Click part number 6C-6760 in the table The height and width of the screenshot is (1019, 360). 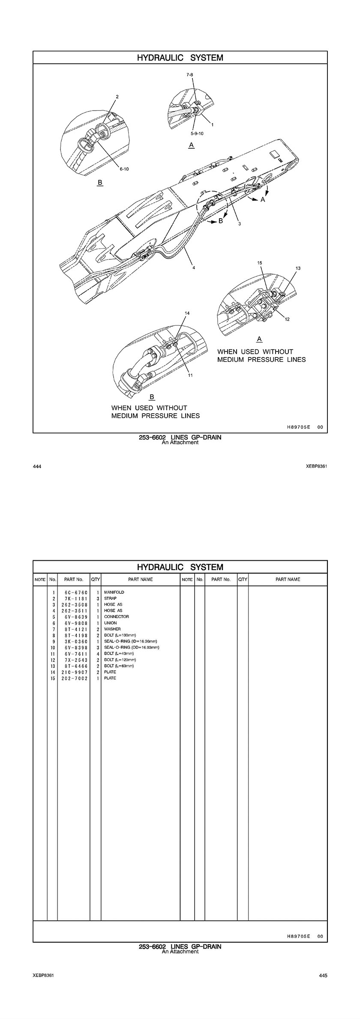point(73,592)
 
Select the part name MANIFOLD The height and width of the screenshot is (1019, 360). point(114,592)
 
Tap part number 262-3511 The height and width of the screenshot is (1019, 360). point(73,610)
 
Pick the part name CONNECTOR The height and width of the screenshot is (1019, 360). point(116,617)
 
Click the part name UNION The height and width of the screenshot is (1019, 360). point(110,623)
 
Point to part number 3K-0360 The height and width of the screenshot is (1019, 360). point(73,642)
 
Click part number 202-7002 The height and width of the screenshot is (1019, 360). point(73,678)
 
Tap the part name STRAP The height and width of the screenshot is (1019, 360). point(110,598)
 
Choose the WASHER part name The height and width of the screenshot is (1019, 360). point(112,629)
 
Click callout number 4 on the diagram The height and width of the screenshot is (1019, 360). point(194,268)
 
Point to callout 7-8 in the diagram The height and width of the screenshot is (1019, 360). point(190,75)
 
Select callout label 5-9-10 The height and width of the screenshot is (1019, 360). point(198,133)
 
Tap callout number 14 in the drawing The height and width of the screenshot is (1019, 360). point(187,313)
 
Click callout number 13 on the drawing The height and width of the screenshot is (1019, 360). point(298,268)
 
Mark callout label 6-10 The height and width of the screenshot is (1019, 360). point(124,169)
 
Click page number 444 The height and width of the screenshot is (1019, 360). point(37,466)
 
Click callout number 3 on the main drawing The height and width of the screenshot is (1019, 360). point(240,223)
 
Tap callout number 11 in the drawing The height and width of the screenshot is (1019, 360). point(190,376)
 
